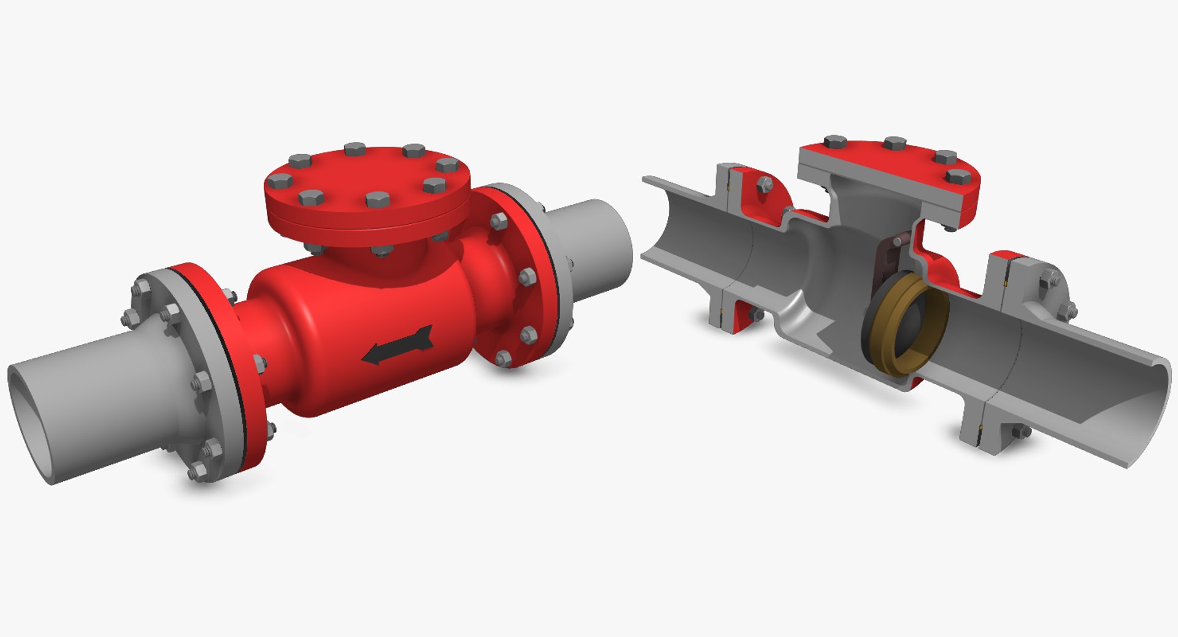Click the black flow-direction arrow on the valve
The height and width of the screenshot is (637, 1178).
[x=398, y=346]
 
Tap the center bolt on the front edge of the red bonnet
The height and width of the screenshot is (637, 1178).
[x=376, y=199]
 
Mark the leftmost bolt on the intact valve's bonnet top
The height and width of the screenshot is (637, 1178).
[x=280, y=181]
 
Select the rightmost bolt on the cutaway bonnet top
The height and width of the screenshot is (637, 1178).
[x=958, y=177]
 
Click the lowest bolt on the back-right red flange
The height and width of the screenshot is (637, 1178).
[x=504, y=358]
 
